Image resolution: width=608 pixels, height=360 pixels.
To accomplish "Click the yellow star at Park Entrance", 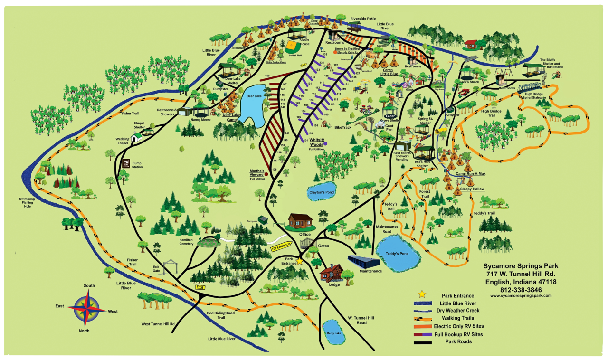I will [x=300, y=261].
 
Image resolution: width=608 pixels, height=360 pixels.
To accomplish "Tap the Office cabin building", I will [x=301, y=221].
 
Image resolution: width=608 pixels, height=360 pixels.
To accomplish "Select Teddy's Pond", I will [x=399, y=254].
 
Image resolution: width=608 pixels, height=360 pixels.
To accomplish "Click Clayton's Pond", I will [x=322, y=192].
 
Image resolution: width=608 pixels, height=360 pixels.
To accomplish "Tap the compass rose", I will [x=87, y=308].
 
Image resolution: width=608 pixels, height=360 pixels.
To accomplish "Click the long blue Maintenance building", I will [x=364, y=261].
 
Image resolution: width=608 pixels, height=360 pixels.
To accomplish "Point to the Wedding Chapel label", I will [x=123, y=141].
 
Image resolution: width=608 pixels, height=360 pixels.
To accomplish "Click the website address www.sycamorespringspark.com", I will [x=521, y=295].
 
